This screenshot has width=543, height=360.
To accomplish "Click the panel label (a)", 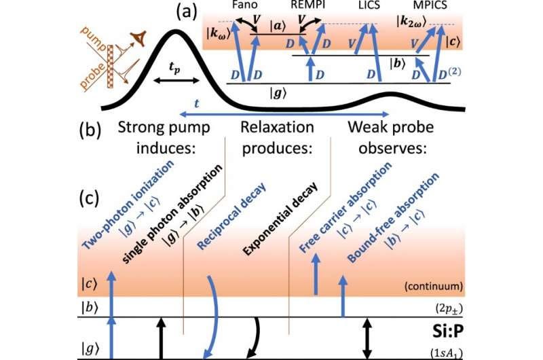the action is [186, 12].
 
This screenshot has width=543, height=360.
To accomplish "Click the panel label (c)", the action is [90, 198].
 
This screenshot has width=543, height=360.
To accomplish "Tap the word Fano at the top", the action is [245, 5].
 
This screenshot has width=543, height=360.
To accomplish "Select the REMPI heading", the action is [308, 5].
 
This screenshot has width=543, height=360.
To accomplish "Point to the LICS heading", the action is [369, 5].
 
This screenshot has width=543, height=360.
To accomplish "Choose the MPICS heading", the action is [430, 5].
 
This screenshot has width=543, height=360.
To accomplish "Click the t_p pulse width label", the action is [174, 67].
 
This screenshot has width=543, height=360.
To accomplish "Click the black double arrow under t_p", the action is [176, 80].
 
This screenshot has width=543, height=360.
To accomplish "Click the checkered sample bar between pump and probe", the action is [111, 67].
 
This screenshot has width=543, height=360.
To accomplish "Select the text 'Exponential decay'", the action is [280, 219].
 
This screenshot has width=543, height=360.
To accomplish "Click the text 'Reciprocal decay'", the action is [231, 215].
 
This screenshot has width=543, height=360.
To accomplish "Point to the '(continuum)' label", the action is [433, 286].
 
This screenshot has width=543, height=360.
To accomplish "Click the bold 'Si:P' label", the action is [447, 332].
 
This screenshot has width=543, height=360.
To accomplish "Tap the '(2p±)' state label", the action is [449, 308].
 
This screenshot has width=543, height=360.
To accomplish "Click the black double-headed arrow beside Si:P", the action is [368, 338].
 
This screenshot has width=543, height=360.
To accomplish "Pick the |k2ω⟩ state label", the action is [411, 22].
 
